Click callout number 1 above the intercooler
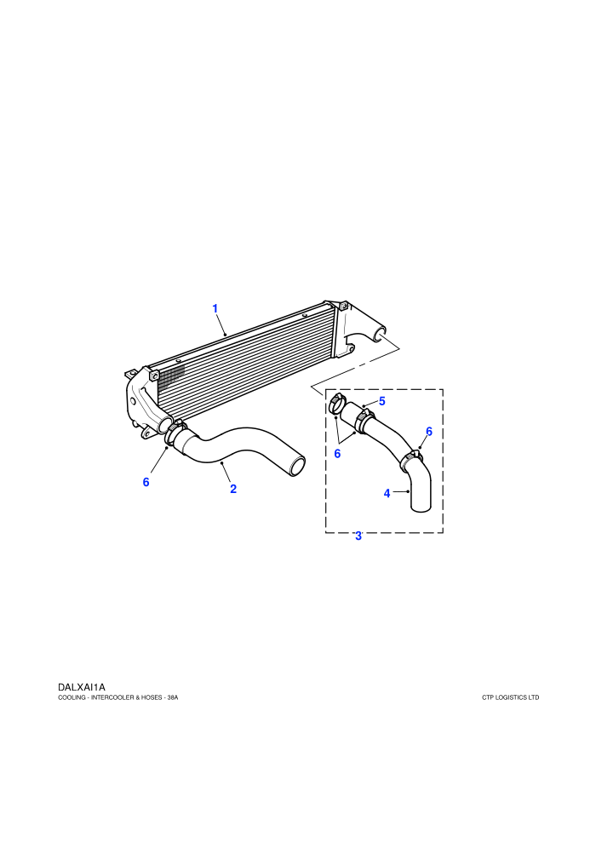click(x=215, y=308)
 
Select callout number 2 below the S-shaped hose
click(x=233, y=489)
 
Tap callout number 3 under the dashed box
click(x=358, y=536)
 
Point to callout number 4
click(x=387, y=493)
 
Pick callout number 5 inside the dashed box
click(x=382, y=401)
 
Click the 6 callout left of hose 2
click(x=146, y=482)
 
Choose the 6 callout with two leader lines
click(x=337, y=454)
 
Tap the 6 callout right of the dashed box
click(x=429, y=431)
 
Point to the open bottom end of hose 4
click(x=421, y=507)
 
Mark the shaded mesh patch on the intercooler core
click(x=173, y=375)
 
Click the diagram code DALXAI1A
click(x=81, y=687)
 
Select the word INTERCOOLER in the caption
click(x=111, y=698)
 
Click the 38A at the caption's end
click(x=173, y=698)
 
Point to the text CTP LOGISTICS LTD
click(x=510, y=698)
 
